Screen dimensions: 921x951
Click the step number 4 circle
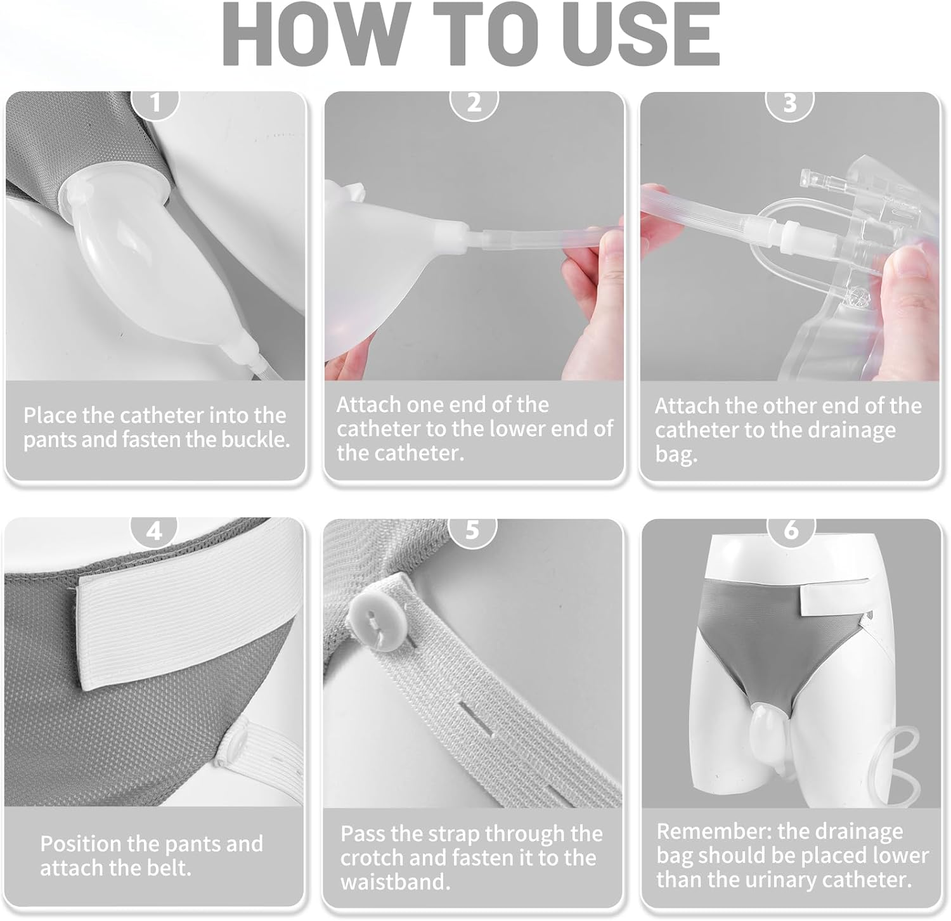pyautogui.click(x=155, y=530)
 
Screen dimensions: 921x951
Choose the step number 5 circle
pyautogui.click(x=472, y=530)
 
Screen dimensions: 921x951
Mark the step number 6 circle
pyautogui.click(x=791, y=530)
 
